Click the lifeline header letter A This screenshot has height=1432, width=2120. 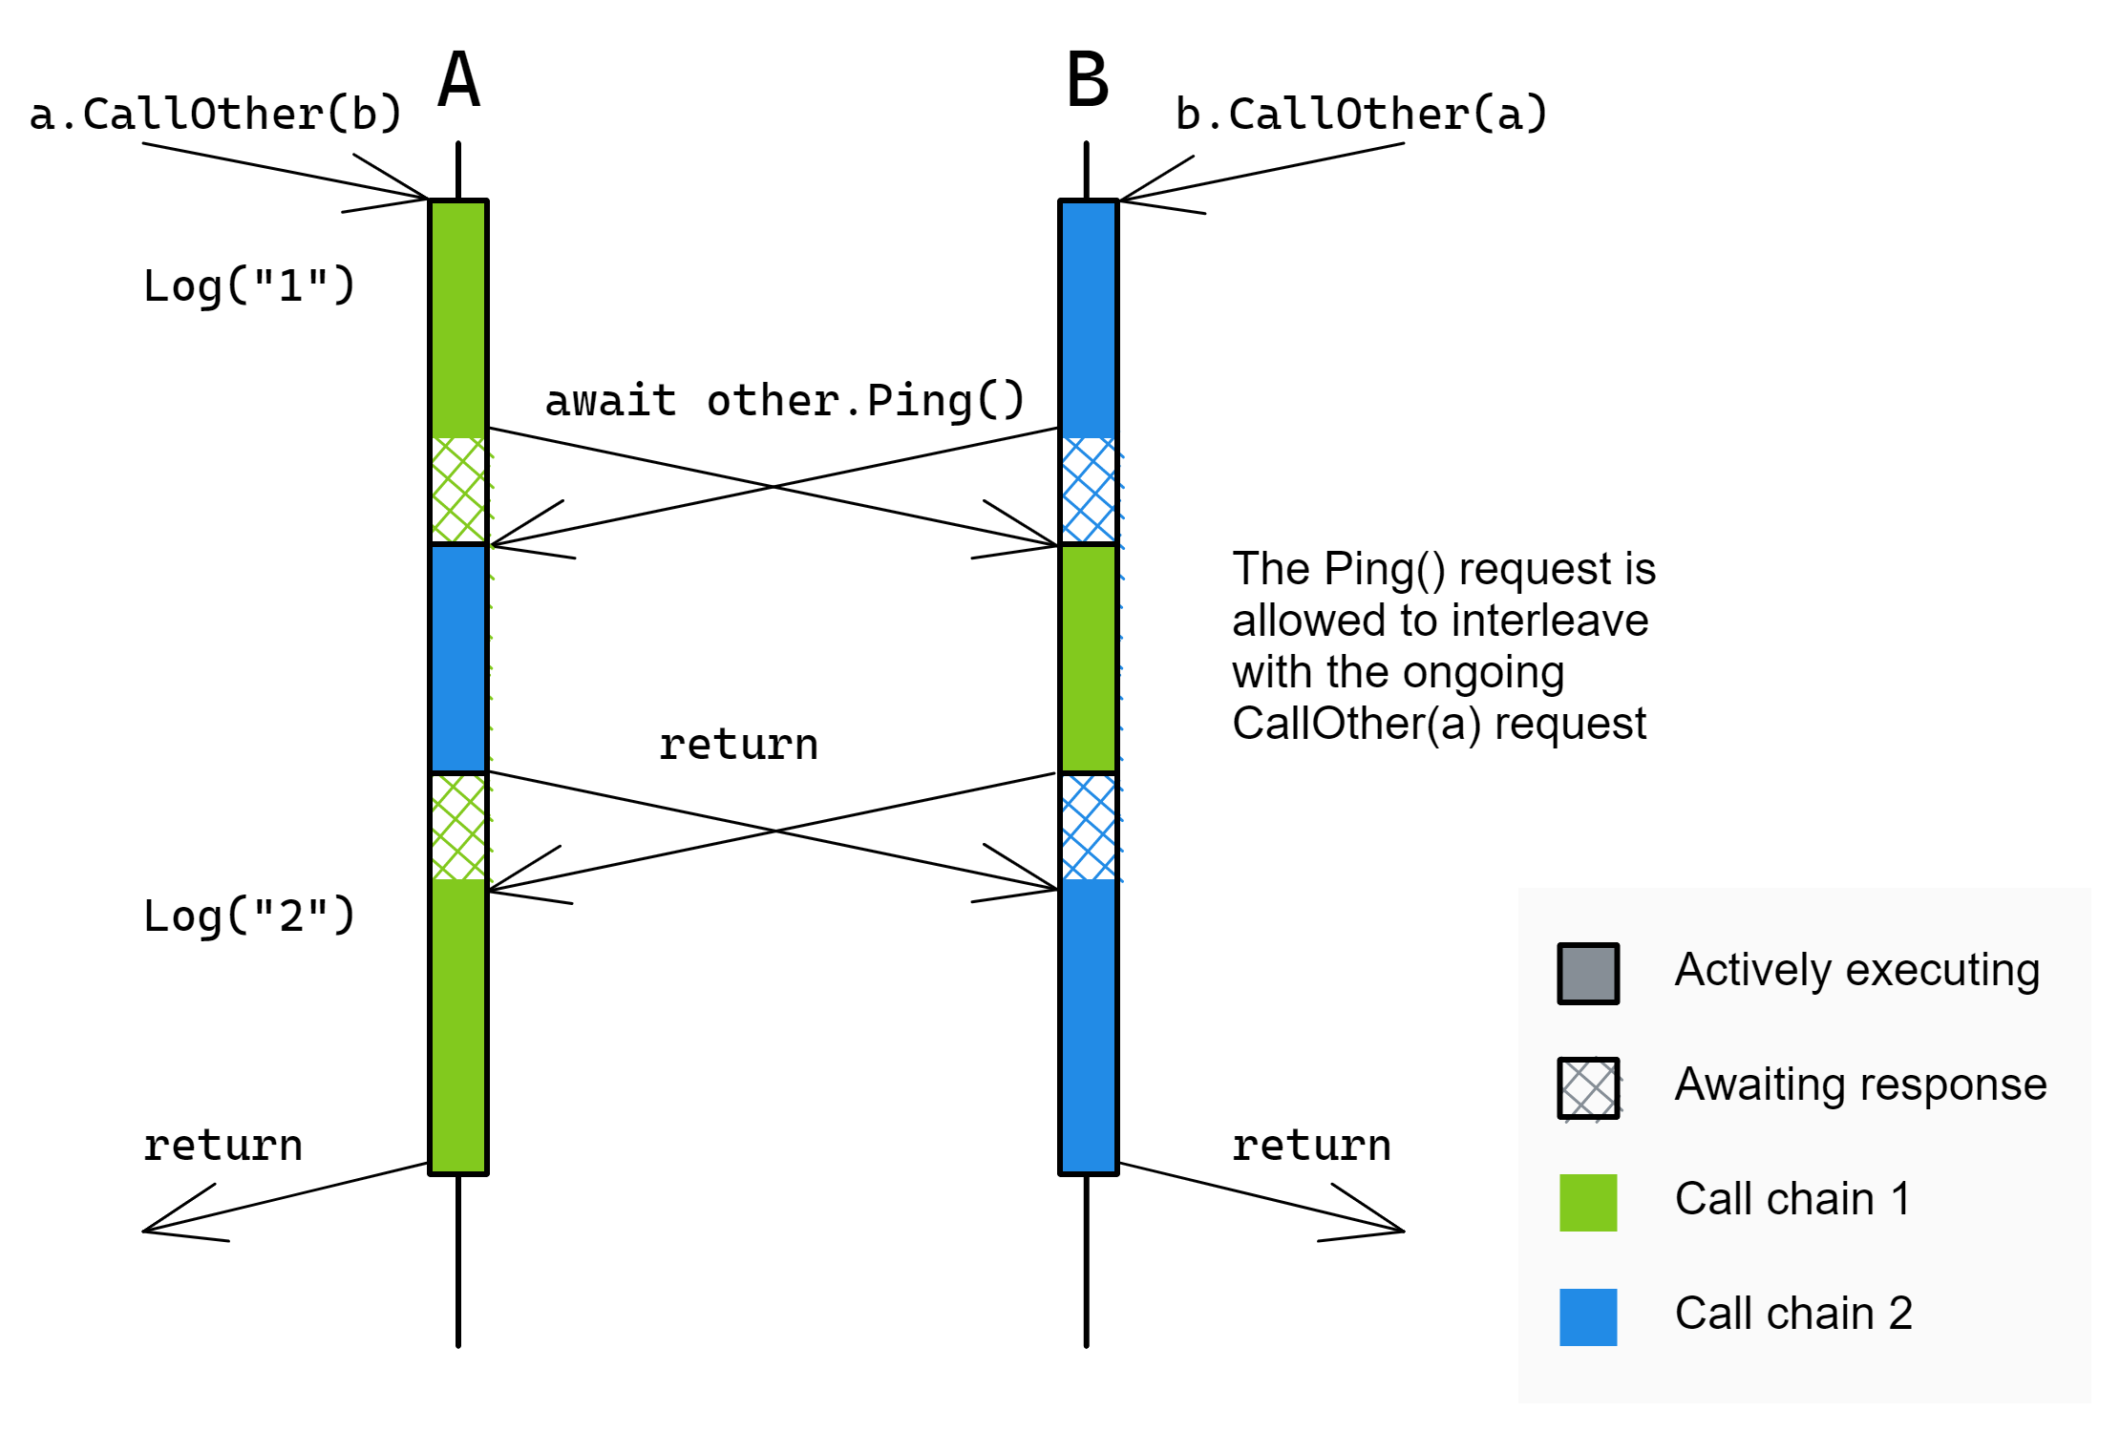click(458, 80)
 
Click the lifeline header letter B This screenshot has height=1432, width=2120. click(1088, 80)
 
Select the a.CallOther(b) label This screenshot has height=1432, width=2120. click(216, 115)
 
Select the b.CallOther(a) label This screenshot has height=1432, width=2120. click(1361, 115)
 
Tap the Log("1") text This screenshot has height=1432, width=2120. click(249, 285)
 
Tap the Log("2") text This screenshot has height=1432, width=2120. click(249, 916)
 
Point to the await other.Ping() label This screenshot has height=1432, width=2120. click(784, 400)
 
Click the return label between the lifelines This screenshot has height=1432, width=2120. click(738, 745)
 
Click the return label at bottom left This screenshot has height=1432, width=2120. click(223, 1146)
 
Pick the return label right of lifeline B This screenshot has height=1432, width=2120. click(1311, 1146)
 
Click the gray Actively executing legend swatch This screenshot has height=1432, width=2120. click(1588, 974)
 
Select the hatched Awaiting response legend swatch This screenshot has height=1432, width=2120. click(1588, 1087)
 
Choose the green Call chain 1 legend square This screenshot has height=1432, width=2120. click(1588, 1203)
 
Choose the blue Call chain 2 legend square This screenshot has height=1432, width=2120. click(1588, 1317)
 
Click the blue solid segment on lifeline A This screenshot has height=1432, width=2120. click(458, 659)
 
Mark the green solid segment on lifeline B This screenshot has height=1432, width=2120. click(1088, 659)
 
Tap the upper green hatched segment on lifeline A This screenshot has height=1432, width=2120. click(458, 490)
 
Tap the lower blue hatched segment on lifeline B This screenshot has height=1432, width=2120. click(1088, 827)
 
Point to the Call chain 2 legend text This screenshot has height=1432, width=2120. click(1793, 1314)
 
